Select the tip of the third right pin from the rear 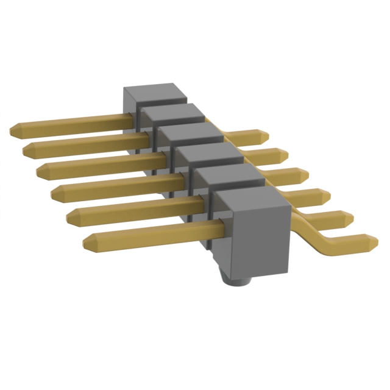coord(305,174)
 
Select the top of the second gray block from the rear coord(171,112)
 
